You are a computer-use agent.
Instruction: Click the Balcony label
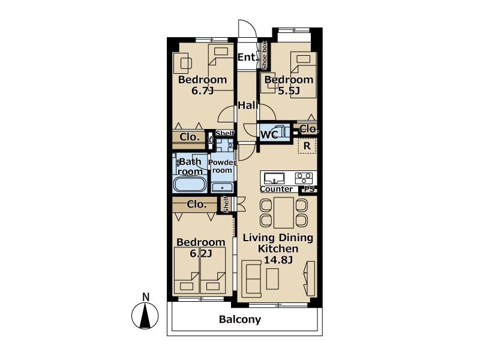(x=240, y=320)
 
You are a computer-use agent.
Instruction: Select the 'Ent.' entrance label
(x=247, y=57)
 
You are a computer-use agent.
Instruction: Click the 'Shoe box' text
(x=264, y=55)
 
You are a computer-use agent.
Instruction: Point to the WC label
(x=269, y=134)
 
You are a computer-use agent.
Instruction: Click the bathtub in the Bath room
(x=190, y=184)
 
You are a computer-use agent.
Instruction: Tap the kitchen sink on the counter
(x=274, y=178)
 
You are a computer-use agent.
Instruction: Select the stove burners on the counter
(x=304, y=178)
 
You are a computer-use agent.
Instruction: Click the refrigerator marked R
(x=307, y=146)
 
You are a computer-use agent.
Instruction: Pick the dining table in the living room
(x=284, y=213)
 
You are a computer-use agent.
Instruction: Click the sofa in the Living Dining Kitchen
(x=251, y=278)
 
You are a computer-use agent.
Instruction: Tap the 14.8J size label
(x=278, y=260)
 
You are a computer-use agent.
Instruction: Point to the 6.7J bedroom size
(x=202, y=91)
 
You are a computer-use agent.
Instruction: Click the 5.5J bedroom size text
(x=289, y=91)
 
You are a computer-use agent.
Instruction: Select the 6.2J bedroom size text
(x=201, y=253)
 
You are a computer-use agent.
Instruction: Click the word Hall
(x=248, y=106)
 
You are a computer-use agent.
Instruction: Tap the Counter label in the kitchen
(x=276, y=189)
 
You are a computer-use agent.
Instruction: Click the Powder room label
(x=222, y=166)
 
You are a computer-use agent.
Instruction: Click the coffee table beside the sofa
(x=272, y=279)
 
